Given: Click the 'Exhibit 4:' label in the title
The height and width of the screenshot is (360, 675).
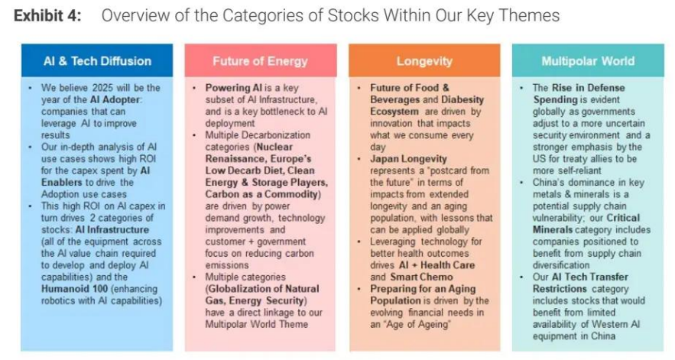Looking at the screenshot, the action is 47,15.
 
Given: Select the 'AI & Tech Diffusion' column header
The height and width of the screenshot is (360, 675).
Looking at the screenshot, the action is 97,60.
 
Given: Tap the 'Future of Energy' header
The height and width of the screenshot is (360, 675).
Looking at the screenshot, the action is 260,60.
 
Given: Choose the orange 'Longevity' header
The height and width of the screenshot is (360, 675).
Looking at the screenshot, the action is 424,60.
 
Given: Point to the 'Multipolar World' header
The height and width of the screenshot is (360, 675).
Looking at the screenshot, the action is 588,60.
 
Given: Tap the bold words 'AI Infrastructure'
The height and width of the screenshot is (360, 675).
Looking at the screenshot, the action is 112,229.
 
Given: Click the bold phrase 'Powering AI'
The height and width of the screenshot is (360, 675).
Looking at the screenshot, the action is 233,88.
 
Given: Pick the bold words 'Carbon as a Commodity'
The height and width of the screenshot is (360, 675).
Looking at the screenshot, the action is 263,194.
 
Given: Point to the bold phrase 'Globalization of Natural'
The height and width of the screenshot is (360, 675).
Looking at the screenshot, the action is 262,288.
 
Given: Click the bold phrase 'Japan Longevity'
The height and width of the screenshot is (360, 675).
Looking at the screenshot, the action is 408,159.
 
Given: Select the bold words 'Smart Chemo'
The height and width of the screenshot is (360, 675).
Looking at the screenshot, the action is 421,277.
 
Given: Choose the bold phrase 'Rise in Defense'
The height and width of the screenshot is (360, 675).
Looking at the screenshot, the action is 588,88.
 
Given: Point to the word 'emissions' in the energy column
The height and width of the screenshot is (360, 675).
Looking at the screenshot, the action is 227,265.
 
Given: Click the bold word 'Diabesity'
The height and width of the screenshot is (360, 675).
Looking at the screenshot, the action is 462,100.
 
